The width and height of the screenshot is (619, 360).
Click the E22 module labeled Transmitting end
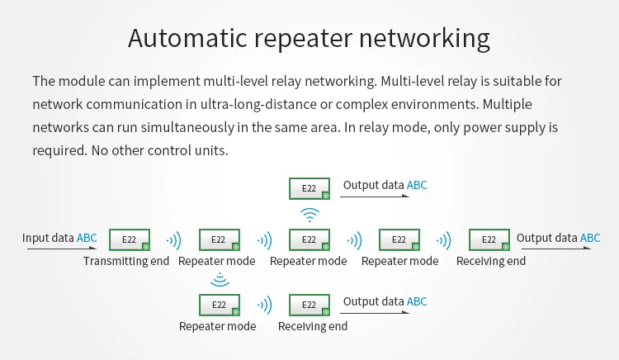pos(130,239)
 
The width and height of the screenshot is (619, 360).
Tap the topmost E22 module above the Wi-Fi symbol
pos(309,188)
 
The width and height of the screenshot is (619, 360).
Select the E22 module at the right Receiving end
pos(489,239)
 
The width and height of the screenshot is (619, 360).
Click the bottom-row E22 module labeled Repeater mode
pos(220,305)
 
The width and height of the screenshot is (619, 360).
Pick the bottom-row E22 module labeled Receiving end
pos(309,305)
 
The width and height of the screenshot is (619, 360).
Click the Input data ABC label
pos(59,238)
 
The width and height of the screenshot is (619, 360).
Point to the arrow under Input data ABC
pos(62,249)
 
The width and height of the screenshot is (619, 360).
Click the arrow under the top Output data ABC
pos(375,196)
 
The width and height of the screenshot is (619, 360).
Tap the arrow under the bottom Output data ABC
pos(375,313)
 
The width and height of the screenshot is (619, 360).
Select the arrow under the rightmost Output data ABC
pos(556,249)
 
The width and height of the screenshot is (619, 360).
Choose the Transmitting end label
pos(126,261)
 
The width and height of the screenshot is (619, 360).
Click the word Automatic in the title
pos(187,38)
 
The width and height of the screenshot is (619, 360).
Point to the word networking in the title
pos(424,39)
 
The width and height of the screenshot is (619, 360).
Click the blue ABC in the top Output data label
pos(417,185)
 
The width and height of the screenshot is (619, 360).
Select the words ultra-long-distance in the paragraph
pos(258,104)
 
